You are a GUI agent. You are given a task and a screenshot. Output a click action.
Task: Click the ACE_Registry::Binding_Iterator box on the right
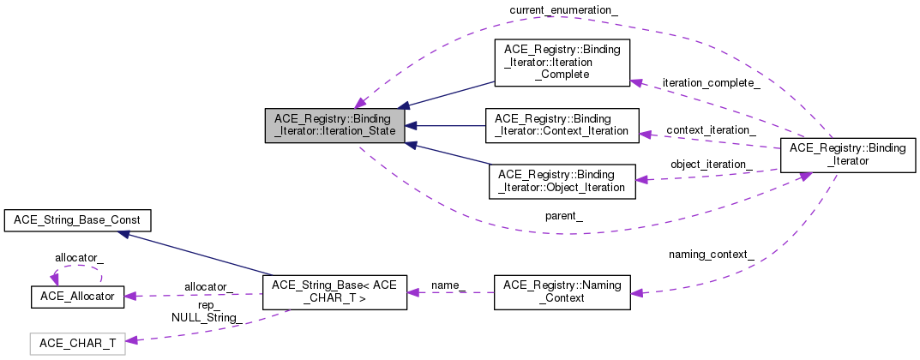click(x=845, y=155)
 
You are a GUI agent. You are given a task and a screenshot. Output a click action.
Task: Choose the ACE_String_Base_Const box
click(x=78, y=220)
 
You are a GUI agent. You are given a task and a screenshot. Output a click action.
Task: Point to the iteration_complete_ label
click(x=711, y=83)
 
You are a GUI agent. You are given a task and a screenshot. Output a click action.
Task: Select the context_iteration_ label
click(x=710, y=129)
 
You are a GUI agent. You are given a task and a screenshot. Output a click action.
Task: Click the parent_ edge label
click(x=564, y=216)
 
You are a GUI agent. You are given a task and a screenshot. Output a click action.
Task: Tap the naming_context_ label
click(x=712, y=255)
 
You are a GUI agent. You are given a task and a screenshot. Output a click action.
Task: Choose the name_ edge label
click(x=448, y=284)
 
